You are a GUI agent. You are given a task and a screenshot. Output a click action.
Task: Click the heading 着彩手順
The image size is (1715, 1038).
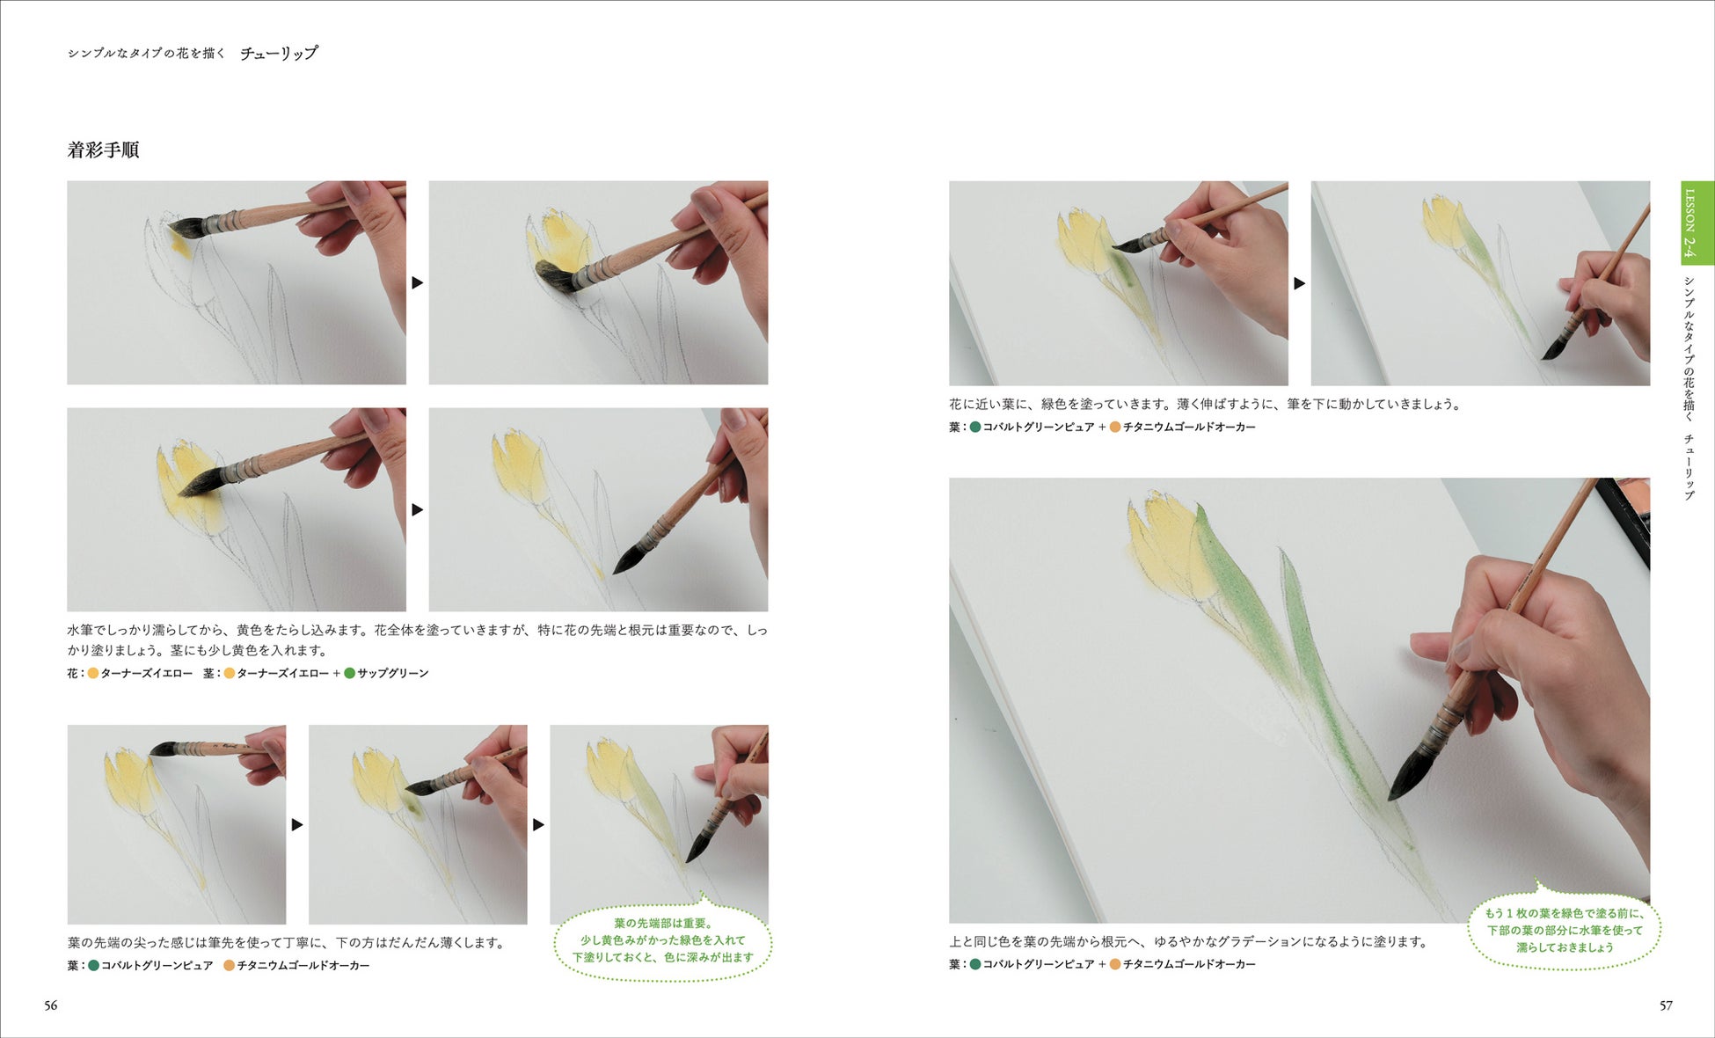click(x=103, y=150)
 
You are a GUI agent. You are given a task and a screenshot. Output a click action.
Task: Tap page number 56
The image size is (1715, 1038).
click(x=51, y=1005)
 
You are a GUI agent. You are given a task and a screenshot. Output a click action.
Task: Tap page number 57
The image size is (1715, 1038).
click(x=1666, y=1005)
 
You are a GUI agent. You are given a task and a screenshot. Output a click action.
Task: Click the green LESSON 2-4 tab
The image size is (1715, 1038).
click(x=1697, y=223)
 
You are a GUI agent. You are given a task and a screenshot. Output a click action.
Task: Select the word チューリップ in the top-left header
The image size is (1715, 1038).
click(x=279, y=53)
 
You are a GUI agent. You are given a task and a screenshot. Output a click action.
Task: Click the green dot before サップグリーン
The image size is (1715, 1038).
click(x=349, y=673)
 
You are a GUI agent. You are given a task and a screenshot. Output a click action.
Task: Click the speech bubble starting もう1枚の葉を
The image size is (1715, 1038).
click(x=1564, y=929)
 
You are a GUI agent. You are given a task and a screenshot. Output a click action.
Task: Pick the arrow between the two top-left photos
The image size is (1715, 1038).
click(x=418, y=282)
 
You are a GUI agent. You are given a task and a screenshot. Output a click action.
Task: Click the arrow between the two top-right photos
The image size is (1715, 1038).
click(x=1299, y=283)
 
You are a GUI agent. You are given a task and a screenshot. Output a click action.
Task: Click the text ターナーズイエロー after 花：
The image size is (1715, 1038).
click(x=146, y=673)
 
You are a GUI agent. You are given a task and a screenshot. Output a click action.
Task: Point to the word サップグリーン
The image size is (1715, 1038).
click(x=392, y=673)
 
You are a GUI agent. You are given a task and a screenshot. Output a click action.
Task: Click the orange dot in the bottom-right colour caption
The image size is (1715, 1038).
click(x=1115, y=964)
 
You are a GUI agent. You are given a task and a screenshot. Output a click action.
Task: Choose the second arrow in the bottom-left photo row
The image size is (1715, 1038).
click(x=538, y=824)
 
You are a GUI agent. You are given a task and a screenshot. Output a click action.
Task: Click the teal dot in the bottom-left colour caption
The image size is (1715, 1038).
click(x=94, y=965)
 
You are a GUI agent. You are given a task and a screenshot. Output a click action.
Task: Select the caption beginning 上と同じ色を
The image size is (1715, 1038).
click(x=1188, y=941)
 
